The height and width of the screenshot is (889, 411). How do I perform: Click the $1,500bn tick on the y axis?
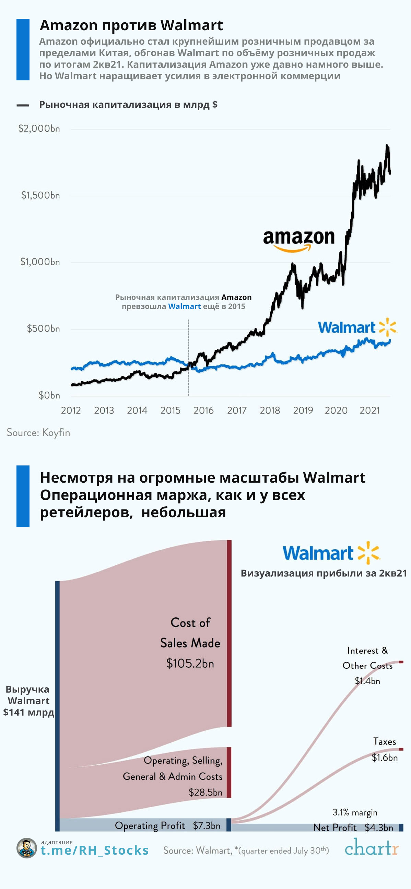pos(40,195)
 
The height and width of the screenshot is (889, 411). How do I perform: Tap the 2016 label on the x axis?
pos(203,410)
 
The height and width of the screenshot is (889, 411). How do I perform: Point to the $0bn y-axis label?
pos(49,395)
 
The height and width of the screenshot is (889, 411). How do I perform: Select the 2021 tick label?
pos(369,410)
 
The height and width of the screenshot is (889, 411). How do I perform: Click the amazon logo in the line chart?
pos(298,240)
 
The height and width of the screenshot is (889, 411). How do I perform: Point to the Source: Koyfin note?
pos(38,432)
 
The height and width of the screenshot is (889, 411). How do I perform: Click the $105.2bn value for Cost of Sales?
pos(190,663)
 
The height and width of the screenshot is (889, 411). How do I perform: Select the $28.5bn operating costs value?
pos(205,792)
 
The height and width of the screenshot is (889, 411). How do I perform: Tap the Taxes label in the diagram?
pos(385,742)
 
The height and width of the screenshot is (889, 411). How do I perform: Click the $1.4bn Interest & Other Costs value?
pos(367,681)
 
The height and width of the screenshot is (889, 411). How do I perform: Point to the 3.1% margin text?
pos(355,812)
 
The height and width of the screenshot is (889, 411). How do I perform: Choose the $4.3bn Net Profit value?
pos(379,828)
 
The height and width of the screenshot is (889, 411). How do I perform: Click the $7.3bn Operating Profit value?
pos(207,825)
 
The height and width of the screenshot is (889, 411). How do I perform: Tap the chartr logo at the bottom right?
pos(372,847)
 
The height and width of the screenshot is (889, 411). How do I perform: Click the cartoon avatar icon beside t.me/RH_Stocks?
pos(26,848)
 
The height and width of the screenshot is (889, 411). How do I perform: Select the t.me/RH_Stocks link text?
pos(95,851)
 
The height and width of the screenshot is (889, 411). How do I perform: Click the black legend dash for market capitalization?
pos(23,105)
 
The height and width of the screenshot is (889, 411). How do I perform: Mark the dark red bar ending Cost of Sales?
pos(229,634)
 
